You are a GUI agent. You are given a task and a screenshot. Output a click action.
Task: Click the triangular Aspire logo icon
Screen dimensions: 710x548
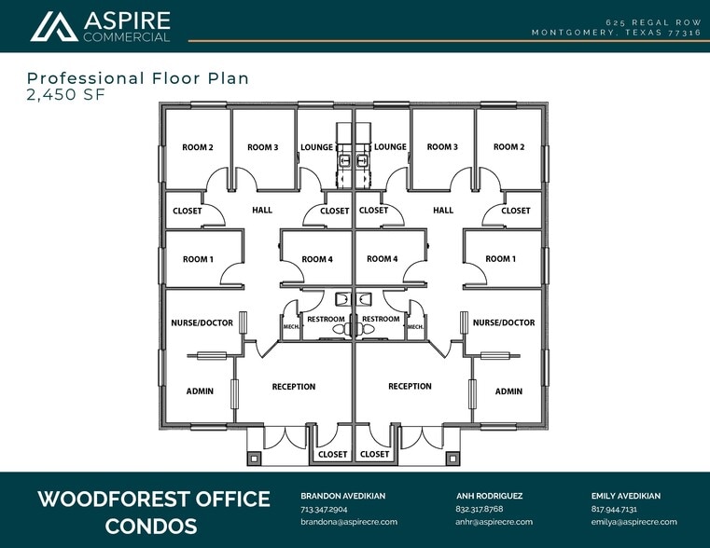54,27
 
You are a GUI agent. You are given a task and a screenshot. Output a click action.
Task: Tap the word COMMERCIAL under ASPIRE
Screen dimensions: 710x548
127,37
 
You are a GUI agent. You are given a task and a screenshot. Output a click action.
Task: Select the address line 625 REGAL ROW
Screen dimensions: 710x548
653,22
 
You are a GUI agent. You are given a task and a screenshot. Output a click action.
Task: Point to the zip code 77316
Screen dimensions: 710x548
685,33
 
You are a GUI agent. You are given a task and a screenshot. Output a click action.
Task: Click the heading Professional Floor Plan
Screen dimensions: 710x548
138,78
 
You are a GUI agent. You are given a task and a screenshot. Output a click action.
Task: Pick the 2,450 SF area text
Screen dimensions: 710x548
66,94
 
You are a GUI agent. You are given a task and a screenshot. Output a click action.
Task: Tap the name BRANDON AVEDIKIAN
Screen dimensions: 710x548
342,496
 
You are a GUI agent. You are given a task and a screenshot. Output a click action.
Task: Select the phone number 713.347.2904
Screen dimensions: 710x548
324,509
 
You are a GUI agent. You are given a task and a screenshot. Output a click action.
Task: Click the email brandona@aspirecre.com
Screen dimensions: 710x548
349,522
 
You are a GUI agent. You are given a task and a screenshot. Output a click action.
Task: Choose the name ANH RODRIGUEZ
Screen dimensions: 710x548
489,496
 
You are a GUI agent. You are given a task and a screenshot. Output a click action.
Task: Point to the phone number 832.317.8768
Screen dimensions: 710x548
479,509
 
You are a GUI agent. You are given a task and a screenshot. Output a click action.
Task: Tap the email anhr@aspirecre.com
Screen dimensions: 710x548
494,522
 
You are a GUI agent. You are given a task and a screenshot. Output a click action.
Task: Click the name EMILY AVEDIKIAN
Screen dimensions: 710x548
626,496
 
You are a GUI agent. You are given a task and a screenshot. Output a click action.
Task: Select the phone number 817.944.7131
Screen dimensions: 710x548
614,509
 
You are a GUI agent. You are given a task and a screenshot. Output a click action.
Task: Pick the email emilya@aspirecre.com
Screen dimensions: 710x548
633,522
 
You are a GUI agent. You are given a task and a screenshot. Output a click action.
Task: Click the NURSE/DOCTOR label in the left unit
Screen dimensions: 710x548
202,322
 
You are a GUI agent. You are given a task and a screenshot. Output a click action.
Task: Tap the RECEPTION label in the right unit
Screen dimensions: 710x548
410,386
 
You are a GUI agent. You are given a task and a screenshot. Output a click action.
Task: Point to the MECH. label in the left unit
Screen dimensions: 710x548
291,326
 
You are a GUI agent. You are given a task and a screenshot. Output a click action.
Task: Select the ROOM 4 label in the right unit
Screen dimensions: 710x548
383,259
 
